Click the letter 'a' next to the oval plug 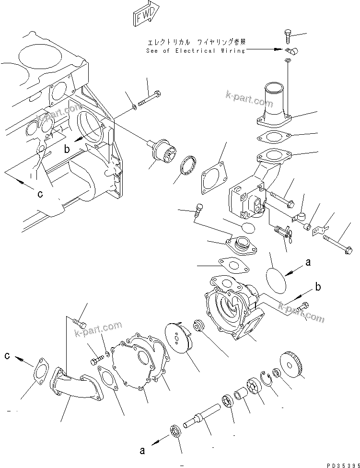pos(308,262)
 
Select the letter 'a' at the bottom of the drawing pos(142,450)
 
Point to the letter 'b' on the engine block pos(68,150)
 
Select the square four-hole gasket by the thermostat pos(211,174)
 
